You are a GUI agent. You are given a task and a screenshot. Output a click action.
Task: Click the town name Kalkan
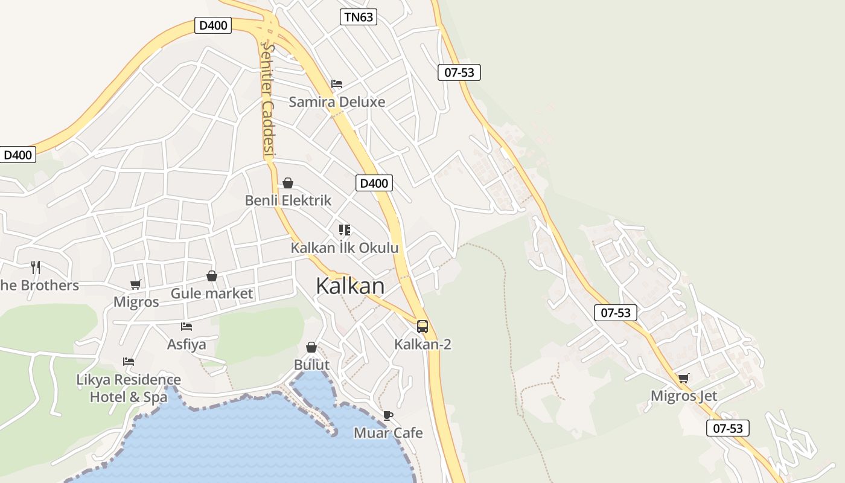pyautogui.click(x=350, y=286)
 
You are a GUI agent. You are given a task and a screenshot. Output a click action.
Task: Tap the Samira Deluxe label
pyautogui.click(x=337, y=101)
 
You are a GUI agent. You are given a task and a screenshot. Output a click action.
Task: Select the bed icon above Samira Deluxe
pyautogui.click(x=337, y=83)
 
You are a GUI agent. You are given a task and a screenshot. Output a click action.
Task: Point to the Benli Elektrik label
pyautogui.click(x=288, y=200)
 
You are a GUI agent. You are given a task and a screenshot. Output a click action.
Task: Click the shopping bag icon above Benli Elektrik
pyautogui.click(x=288, y=182)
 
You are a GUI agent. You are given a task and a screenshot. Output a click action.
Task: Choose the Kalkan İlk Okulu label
pyautogui.click(x=345, y=248)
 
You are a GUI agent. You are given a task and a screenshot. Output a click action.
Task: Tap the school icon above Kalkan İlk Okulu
pyautogui.click(x=345, y=229)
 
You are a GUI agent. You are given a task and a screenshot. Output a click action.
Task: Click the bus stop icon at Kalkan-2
pyautogui.click(x=422, y=327)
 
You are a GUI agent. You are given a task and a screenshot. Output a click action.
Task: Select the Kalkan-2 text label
pyautogui.click(x=422, y=344)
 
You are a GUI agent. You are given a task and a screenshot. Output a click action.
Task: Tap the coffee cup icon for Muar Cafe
pyautogui.click(x=387, y=415)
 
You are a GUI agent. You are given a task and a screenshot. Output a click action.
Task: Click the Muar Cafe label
pyautogui.click(x=388, y=433)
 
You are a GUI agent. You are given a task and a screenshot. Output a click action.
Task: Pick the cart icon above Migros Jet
pyautogui.click(x=683, y=378)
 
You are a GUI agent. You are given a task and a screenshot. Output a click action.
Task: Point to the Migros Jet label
pyautogui.click(x=684, y=396)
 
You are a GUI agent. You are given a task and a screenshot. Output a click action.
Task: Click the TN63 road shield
pyautogui.click(x=359, y=17)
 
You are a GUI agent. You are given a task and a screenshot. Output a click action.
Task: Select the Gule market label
pyautogui.click(x=212, y=293)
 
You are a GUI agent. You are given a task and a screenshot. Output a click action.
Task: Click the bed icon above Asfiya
pyautogui.click(x=187, y=327)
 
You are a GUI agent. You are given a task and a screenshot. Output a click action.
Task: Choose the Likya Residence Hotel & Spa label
pyautogui.click(x=129, y=388)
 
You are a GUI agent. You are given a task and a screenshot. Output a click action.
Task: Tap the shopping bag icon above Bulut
pyautogui.click(x=311, y=347)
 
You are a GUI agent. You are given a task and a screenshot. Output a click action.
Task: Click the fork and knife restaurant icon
pyautogui.click(x=36, y=266)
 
